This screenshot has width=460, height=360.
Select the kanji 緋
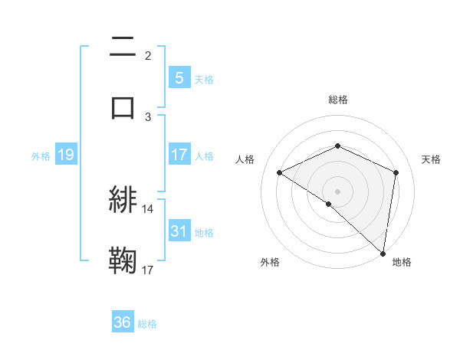pyautogui.click(x=123, y=200)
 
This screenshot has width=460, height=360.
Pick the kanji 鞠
pyautogui.click(x=123, y=260)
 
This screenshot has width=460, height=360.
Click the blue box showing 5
pyautogui.click(x=179, y=78)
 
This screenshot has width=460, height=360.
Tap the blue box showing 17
pyautogui.click(x=179, y=155)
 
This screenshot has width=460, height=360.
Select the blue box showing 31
pyautogui.click(x=179, y=231)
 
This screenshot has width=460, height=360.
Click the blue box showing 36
pyautogui.click(x=123, y=322)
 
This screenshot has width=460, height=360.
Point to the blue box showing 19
pyautogui.click(x=65, y=155)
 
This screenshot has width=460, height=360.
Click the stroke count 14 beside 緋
pyautogui.click(x=148, y=208)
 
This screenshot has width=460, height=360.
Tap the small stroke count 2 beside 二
pyautogui.click(x=148, y=55)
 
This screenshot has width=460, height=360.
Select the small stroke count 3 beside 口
pyautogui.click(x=148, y=116)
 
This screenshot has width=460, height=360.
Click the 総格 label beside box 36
pyautogui.click(x=147, y=324)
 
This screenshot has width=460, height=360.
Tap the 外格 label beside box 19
pyautogui.click(x=41, y=156)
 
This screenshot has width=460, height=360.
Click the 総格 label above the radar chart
pyautogui.click(x=337, y=100)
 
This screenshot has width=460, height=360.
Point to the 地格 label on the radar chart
pyautogui.click(x=402, y=263)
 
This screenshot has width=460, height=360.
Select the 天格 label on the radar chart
pyautogui.click(x=431, y=159)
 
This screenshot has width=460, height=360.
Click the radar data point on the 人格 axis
pyautogui.click(x=280, y=172)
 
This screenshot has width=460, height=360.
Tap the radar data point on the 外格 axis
pyautogui.click(x=328, y=204)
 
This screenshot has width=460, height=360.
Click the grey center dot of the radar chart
pyautogui.click(x=337, y=191)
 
